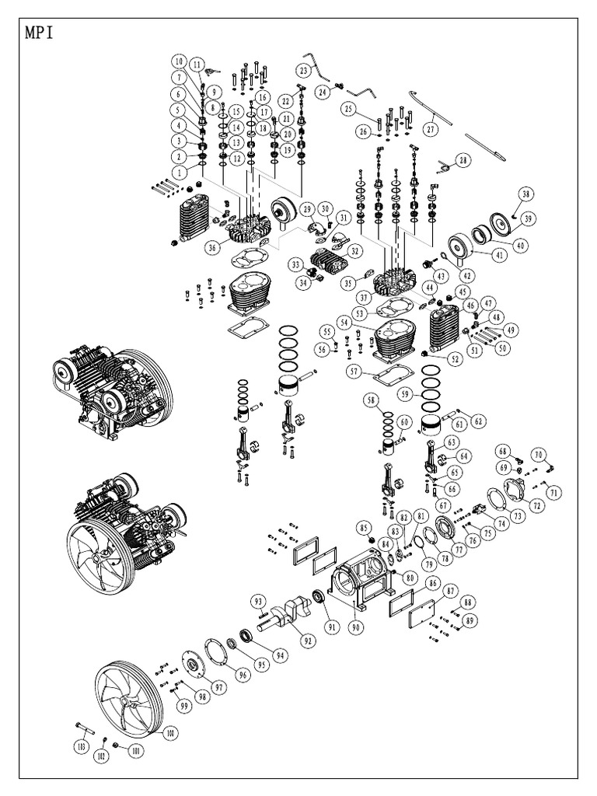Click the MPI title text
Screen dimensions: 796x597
(x=40, y=35)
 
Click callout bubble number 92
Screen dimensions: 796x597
(x=308, y=641)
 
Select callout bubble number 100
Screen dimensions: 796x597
(x=171, y=731)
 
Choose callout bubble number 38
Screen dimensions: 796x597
(x=526, y=194)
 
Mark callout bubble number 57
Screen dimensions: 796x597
(x=354, y=372)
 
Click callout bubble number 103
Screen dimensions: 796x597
(x=79, y=747)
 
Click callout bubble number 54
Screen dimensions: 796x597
(x=343, y=322)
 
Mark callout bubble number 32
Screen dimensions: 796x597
(x=354, y=251)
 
